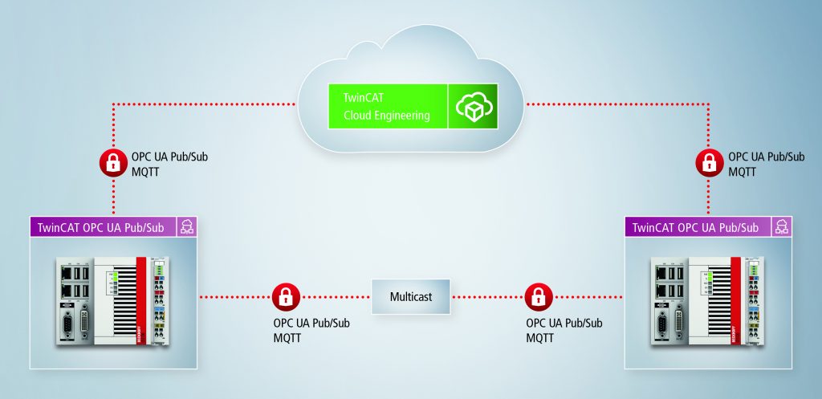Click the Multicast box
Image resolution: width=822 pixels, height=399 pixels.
click(x=411, y=296)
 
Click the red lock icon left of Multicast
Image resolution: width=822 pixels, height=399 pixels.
click(x=283, y=296)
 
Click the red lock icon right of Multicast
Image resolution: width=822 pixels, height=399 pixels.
click(x=536, y=296)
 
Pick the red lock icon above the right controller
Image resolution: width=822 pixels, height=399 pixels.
click(x=709, y=163)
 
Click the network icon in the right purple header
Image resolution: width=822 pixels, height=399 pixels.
click(x=780, y=227)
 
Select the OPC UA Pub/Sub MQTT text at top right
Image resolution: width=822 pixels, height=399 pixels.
click(x=765, y=164)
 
